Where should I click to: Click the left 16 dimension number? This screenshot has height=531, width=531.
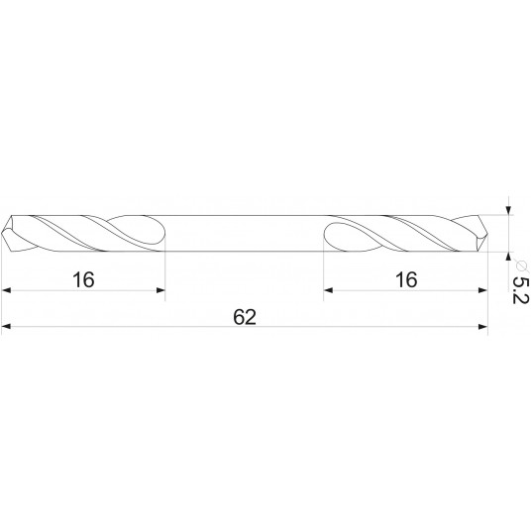[x=83, y=279]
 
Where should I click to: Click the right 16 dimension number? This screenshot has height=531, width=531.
[x=405, y=279]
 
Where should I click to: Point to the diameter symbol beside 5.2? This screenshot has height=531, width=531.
[x=518, y=261]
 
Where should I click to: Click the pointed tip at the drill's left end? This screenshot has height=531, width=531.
[x=5, y=233]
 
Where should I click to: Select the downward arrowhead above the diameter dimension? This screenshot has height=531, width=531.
[x=508, y=209]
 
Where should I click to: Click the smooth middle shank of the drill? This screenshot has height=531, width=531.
[x=245, y=233]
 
